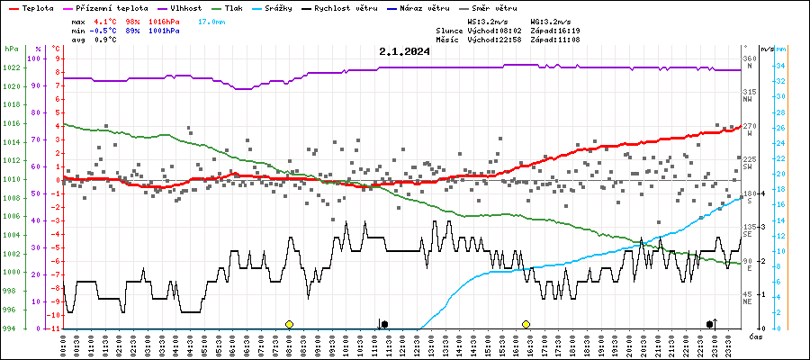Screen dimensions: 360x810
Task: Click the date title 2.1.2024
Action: pyautogui.click(x=404, y=51)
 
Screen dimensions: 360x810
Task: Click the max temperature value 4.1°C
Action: pyautogui.click(x=106, y=20)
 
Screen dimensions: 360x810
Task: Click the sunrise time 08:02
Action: pyautogui.click(x=505, y=30)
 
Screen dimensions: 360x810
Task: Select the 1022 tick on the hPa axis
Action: pyautogui.click(x=12, y=68)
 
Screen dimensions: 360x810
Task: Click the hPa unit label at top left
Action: pyautogui.click(x=11, y=48)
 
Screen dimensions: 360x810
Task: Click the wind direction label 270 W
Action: pyautogui.click(x=748, y=130)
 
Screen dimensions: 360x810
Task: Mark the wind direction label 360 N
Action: pyautogui.click(x=748, y=63)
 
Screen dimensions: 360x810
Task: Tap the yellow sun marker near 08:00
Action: pyautogui.click(x=289, y=324)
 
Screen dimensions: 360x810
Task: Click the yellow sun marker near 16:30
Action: pyautogui.click(x=526, y=324)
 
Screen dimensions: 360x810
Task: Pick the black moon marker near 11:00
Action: pyautogui.click(x=384, y=324)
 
